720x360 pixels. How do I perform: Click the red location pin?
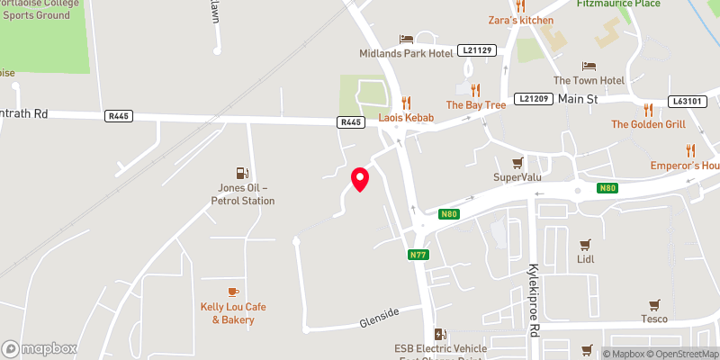(x=359, y=179)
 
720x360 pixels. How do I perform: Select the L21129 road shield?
(x=477, y=49)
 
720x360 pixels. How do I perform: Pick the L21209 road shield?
(x=534, y=97)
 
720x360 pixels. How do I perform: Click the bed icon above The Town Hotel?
(x=589, y=66)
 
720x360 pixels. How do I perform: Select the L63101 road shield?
(x=686, y=102)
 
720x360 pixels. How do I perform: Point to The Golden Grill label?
(x=648, y=123)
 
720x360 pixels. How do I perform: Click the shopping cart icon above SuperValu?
(x=517, y=162)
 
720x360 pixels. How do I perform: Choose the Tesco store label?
(x=653, y=319)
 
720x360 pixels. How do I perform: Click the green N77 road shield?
(x=418, y=255)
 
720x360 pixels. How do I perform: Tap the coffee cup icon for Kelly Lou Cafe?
(x=233, y=291)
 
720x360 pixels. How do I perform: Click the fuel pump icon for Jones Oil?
(x=241, y=172)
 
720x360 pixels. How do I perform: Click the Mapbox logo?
(x=39, y=348)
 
